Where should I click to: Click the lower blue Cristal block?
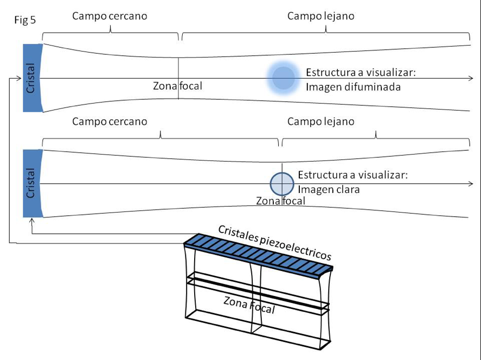(32, 183)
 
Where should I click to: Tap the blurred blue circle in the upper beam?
(283, 78)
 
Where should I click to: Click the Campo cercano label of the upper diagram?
(110, 16)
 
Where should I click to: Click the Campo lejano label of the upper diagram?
(320, 16)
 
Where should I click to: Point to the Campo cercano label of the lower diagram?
(110, 121)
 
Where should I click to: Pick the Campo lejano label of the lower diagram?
(320, 121)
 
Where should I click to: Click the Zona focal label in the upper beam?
(177, 86)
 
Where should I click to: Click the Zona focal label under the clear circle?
(280, 201)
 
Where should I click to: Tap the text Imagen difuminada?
(353, 86)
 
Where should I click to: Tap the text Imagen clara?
(329, 190)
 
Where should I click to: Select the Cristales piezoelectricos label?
(274, 242)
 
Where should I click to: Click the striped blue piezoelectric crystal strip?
(258, 254)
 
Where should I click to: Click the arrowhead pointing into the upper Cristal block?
(20, 79)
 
